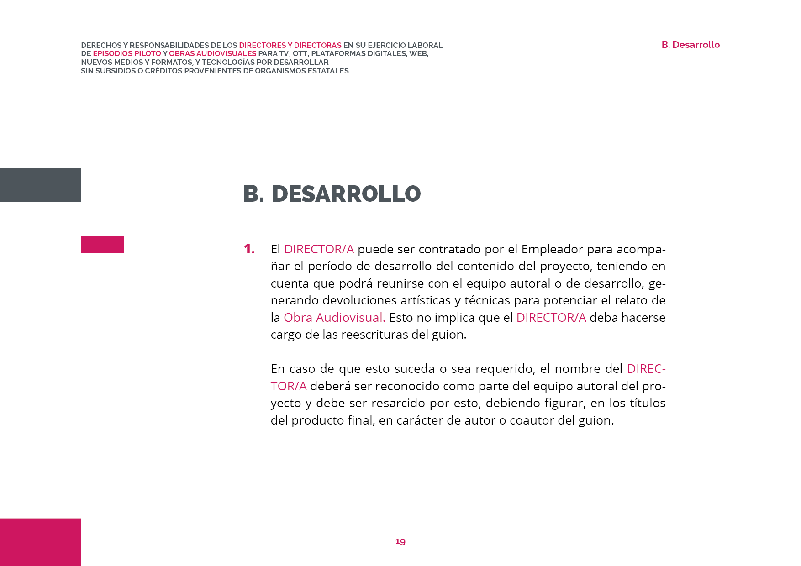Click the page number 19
[x=400, y=541]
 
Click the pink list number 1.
[x=249, y=249]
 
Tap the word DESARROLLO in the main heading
[x=346, y=194]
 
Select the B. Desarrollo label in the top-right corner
[x=690, y=45]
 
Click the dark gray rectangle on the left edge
[x=40, y=184]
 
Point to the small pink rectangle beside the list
[x=102, y=245]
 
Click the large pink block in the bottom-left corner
[x=40, y=542]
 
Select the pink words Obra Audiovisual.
[x=334, y=318]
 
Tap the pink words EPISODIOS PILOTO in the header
[x=127, y=54]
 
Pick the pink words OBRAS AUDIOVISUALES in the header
[x=212, y=54]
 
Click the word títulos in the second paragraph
[x=648, y=403]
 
